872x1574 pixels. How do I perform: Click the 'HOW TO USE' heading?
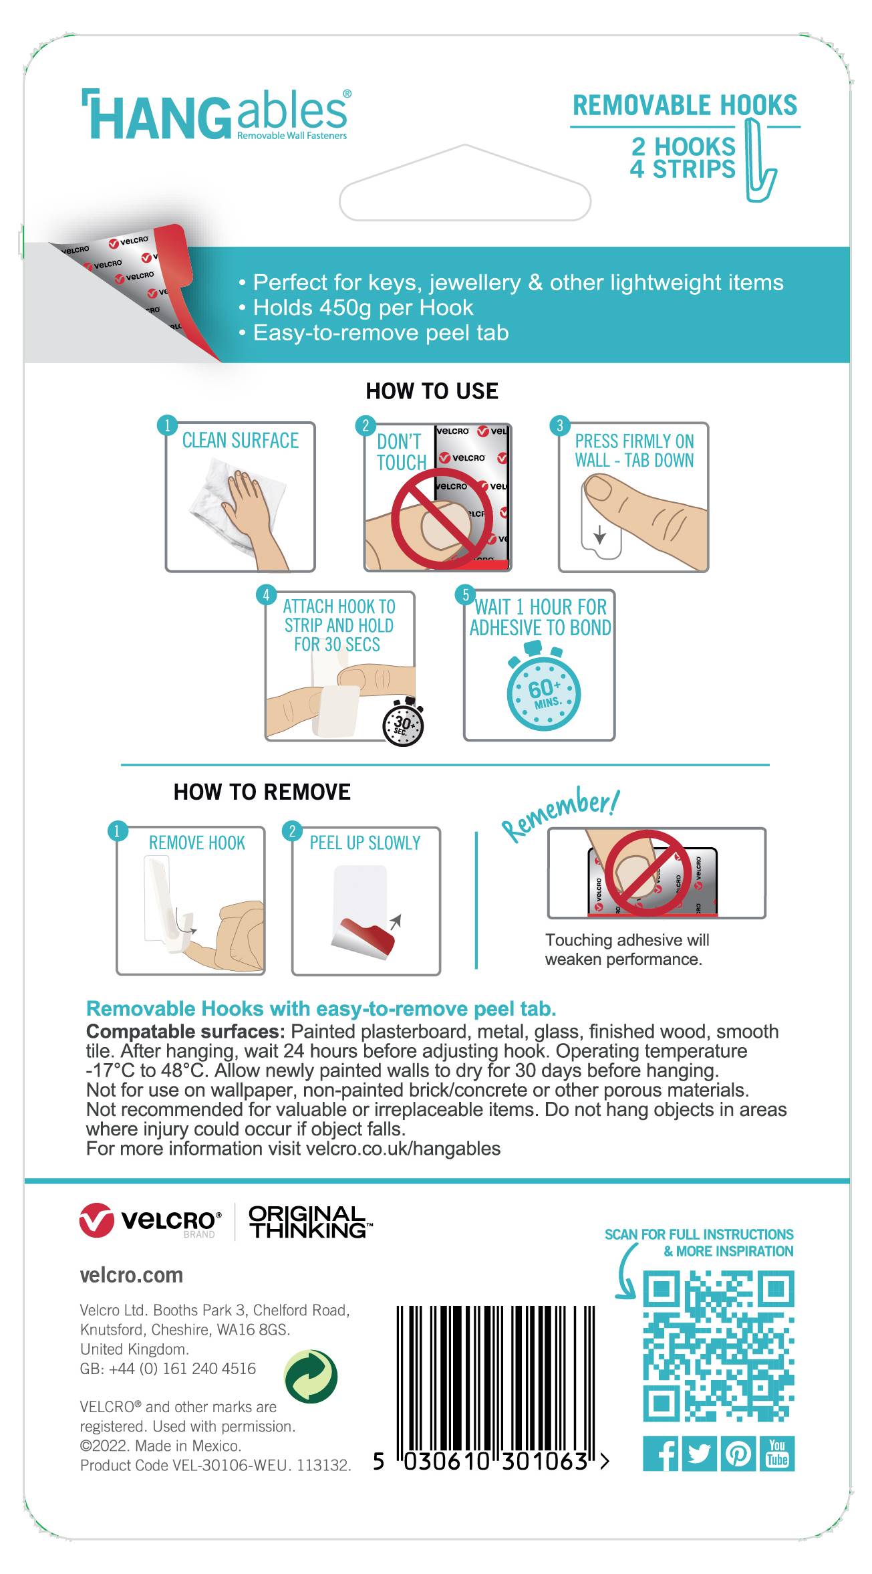[x=432, y=391]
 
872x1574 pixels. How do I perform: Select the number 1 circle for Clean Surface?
[x=167, y=425]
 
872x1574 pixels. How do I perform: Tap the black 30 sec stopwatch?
[x=404, y=724]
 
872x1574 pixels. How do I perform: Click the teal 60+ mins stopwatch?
[x=543, y=691]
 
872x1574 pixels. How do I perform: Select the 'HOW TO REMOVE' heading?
[x=262, y=792]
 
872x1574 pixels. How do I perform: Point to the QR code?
[x=718, y=1347]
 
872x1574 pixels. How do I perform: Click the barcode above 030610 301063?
[x=494, y=1377]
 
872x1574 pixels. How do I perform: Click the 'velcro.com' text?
[x=131, y=1275]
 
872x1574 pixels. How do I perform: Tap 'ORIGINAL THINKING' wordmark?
[x=309, y=1222]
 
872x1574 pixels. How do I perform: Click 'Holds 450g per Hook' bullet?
[x=363, y=308]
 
